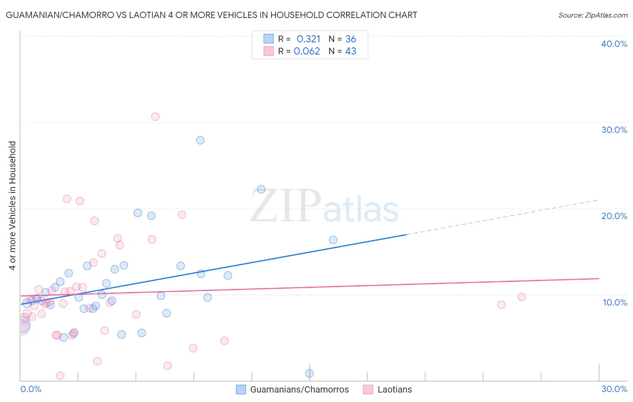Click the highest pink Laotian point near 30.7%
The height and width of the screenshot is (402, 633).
coord(155,117)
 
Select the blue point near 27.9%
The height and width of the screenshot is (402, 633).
coord(200,140)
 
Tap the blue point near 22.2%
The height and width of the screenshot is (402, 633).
coord(261,189)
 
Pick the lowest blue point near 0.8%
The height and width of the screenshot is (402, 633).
coord(309,373)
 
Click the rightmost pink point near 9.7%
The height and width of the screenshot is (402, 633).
coord(521,297)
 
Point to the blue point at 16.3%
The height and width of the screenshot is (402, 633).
coord(333,240)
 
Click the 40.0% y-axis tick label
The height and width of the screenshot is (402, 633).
coord(614,44)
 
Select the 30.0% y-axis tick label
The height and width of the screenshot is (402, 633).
coord(614,130)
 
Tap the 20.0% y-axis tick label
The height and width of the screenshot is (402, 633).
coord(614,216)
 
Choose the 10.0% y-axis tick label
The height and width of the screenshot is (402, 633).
coord(615,302)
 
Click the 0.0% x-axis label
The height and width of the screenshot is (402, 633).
coord(31,389)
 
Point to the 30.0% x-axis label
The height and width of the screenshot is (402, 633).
coord(614,389)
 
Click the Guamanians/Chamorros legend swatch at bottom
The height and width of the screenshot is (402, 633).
coord(241,389)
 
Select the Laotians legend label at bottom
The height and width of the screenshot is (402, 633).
coord(394,389)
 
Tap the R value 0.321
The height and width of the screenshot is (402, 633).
coord(308,39)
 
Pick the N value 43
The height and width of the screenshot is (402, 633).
coord(351,51)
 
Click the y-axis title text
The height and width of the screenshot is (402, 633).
coord(13,206)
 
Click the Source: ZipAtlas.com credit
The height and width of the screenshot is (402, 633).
coord(592,15)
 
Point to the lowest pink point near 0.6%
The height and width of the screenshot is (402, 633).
coord(60,375)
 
